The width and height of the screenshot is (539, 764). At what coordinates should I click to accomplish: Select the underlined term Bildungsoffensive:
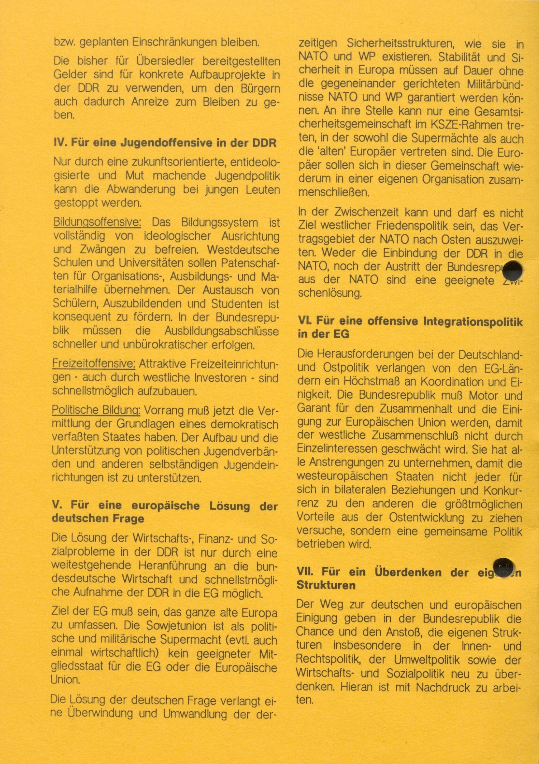97,222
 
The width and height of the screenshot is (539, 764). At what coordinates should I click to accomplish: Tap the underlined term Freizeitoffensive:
94,364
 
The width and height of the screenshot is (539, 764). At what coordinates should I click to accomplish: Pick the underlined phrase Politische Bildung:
96,410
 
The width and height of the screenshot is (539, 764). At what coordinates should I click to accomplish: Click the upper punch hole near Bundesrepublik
512,271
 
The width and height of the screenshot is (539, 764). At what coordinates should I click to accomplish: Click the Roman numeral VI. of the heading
304,321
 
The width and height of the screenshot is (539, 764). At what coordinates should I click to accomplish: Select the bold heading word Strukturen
326,585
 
